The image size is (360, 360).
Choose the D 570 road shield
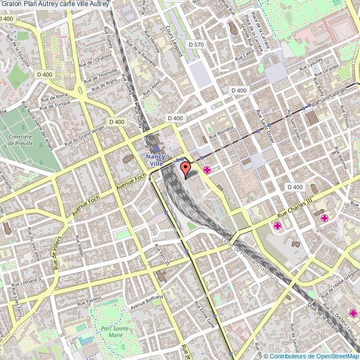pos(196,44)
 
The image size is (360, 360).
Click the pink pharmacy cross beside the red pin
pos(208,169)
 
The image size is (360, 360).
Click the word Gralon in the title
pos(11,4)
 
